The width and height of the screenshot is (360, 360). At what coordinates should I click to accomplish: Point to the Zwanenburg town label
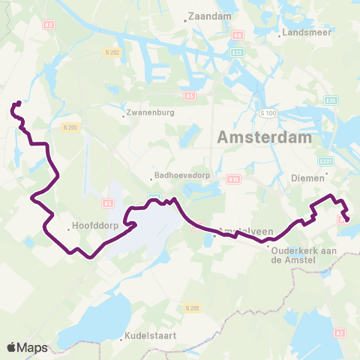point(151,113)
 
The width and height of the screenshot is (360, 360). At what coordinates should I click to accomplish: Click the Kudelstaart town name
point(151,336)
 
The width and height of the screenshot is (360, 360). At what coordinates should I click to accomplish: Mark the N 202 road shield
point(112,52)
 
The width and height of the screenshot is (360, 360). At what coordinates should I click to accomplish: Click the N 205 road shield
point(71,127)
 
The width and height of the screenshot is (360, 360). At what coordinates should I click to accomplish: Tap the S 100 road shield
point(268,112)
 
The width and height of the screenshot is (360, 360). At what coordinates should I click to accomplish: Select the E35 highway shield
point(331,100)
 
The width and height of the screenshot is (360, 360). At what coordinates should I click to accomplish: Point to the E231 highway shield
point(325,161)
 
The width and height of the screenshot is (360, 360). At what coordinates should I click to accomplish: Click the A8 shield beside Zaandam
point(237,35)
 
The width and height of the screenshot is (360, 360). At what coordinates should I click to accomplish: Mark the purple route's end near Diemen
point(346,218)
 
